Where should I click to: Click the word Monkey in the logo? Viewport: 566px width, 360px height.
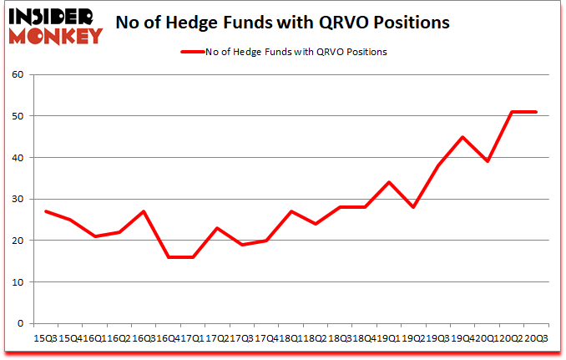[55, 34]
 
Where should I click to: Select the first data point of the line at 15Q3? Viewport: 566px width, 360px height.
[45, 211]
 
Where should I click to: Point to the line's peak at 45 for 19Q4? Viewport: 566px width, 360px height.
[462, 137]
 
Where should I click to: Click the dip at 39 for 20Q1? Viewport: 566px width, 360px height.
[487, 162]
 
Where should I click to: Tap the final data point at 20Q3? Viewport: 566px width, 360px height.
[535, 112]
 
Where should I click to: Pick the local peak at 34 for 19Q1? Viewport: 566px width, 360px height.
[388, 182]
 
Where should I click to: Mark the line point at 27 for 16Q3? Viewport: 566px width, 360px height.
[143, 211]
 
